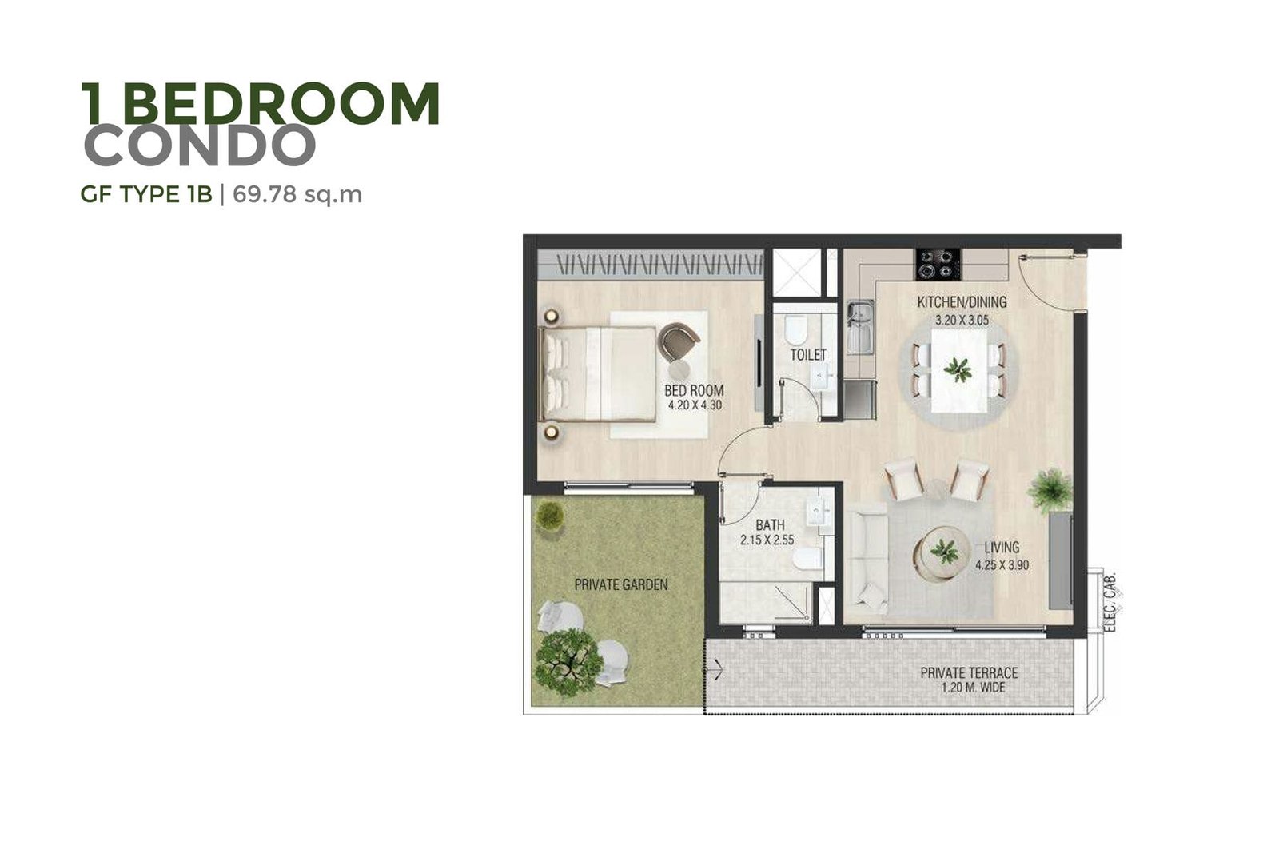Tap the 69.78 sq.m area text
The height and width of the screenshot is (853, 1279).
(x=297, y=195)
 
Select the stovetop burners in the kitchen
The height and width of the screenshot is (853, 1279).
(x=938, y=265)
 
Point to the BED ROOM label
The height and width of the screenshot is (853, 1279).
(x=694, y=391)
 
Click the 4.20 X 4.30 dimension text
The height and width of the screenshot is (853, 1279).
(x=695, y=405)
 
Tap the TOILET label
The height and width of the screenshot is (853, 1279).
(x=808, y=355)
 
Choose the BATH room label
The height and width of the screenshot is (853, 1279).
(x=770, y=524)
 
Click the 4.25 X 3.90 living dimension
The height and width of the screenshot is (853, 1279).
(x=1002, y=565)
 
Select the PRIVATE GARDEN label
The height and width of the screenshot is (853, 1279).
(x=620, y=584)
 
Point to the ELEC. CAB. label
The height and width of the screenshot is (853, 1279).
(x=1110, y=601)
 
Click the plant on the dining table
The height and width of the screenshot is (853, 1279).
(x=958, y=369)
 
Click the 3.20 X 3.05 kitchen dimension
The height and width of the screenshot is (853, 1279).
(x=962, y=321)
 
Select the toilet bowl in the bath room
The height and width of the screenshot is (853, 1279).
(x=807, y=558)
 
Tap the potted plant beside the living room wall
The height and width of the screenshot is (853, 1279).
(x=1050, y=490)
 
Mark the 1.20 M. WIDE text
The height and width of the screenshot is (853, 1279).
(x=973, y=688)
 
